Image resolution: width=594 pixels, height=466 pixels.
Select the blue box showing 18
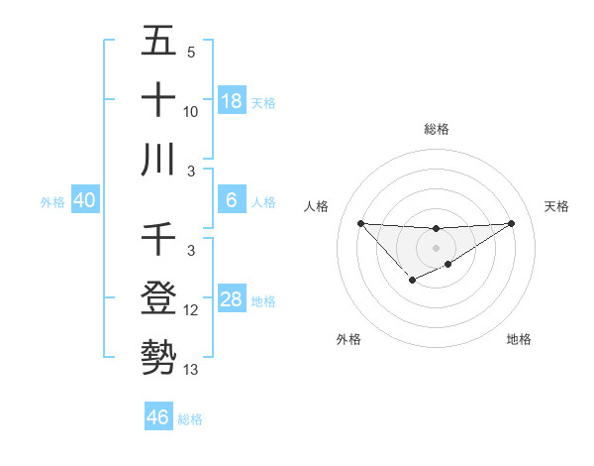[232, 100]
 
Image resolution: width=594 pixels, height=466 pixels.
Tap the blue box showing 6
[232, 200]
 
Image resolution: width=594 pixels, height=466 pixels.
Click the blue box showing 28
[232, 299]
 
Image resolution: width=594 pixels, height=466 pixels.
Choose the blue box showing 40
[85, 200]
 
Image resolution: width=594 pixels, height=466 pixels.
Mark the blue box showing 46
[158, 416]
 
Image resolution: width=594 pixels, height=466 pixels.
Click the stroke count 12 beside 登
[191, 310]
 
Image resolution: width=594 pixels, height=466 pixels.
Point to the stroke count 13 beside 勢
[191, 370]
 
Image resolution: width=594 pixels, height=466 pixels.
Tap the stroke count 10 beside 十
[191, 112]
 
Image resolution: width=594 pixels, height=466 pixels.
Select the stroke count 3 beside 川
[191, 172]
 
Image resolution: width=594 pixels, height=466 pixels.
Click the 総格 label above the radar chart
[437, 129]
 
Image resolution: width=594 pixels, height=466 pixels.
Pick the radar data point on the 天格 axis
[512, 222]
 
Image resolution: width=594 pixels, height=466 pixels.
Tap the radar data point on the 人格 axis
[360, 222]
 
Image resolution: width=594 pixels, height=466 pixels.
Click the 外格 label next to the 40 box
[52, 201]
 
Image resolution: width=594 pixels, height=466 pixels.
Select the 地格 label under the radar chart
[519, 339]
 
